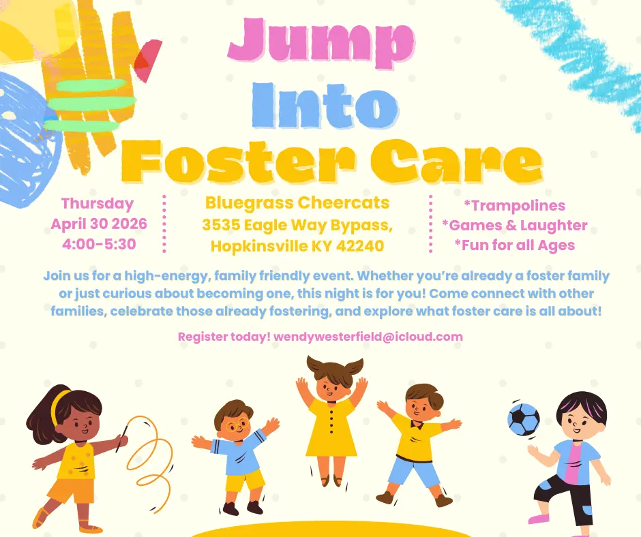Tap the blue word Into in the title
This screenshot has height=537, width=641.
(325, 106)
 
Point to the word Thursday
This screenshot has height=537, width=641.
(98, 204)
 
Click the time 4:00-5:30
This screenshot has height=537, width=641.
(99, 244)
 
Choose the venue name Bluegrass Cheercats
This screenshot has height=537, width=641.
(297, 202)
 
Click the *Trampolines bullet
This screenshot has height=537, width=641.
(515, 205)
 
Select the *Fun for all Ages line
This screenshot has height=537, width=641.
(515, 245)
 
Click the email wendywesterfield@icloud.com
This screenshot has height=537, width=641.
(368, 337)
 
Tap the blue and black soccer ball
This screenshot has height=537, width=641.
(523, 419)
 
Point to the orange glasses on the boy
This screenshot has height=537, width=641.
(237, 425)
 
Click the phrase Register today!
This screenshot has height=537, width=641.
(224, 337)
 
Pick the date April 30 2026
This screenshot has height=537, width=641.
(99, 224)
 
